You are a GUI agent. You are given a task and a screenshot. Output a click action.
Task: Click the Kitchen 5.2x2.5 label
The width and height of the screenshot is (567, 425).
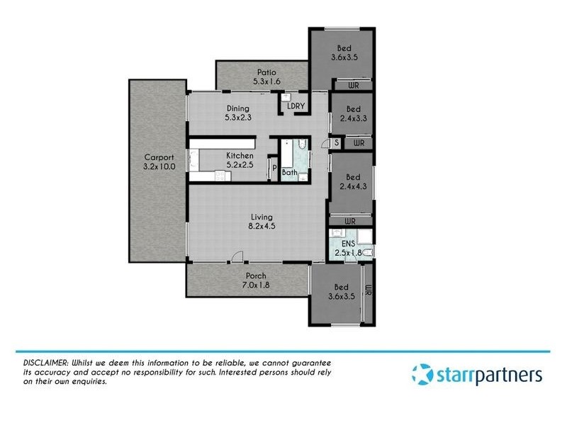point(240,160)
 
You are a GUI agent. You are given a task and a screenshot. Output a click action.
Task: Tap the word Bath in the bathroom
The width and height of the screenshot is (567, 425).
point(289,172)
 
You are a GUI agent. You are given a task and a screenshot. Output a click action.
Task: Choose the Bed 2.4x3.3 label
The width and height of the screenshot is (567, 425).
point(353,114)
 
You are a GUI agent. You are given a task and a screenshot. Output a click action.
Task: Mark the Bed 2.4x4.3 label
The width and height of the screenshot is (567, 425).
point(353,182)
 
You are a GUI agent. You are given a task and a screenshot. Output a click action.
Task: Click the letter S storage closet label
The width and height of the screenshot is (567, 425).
point(337,143)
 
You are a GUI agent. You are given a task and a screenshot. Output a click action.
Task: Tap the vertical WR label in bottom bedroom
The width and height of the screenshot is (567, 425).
point(368,290)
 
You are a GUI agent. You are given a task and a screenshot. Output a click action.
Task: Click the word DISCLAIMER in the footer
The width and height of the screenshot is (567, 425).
point(43,363)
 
